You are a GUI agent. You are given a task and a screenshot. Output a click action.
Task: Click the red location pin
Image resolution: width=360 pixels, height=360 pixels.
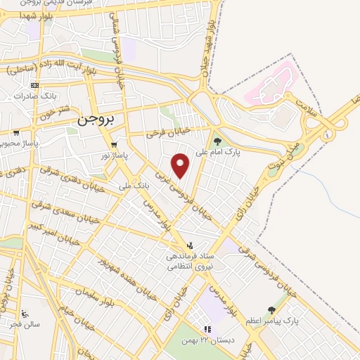pyautogui.click(x=181, y=166)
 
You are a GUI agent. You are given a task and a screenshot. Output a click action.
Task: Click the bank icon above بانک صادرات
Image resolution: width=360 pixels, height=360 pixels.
pyautogui.click(x=35, y=85)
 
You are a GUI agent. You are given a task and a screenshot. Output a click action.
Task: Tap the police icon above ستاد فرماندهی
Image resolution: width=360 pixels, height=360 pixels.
pyautogui.click(x=190, y=245)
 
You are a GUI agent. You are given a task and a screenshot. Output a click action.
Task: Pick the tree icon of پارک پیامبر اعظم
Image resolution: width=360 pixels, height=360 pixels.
pyautogui.click(x=271, y=310)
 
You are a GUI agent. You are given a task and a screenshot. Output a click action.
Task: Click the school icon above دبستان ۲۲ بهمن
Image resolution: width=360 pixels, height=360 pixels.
pyautogui.click(x=207, y=329)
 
